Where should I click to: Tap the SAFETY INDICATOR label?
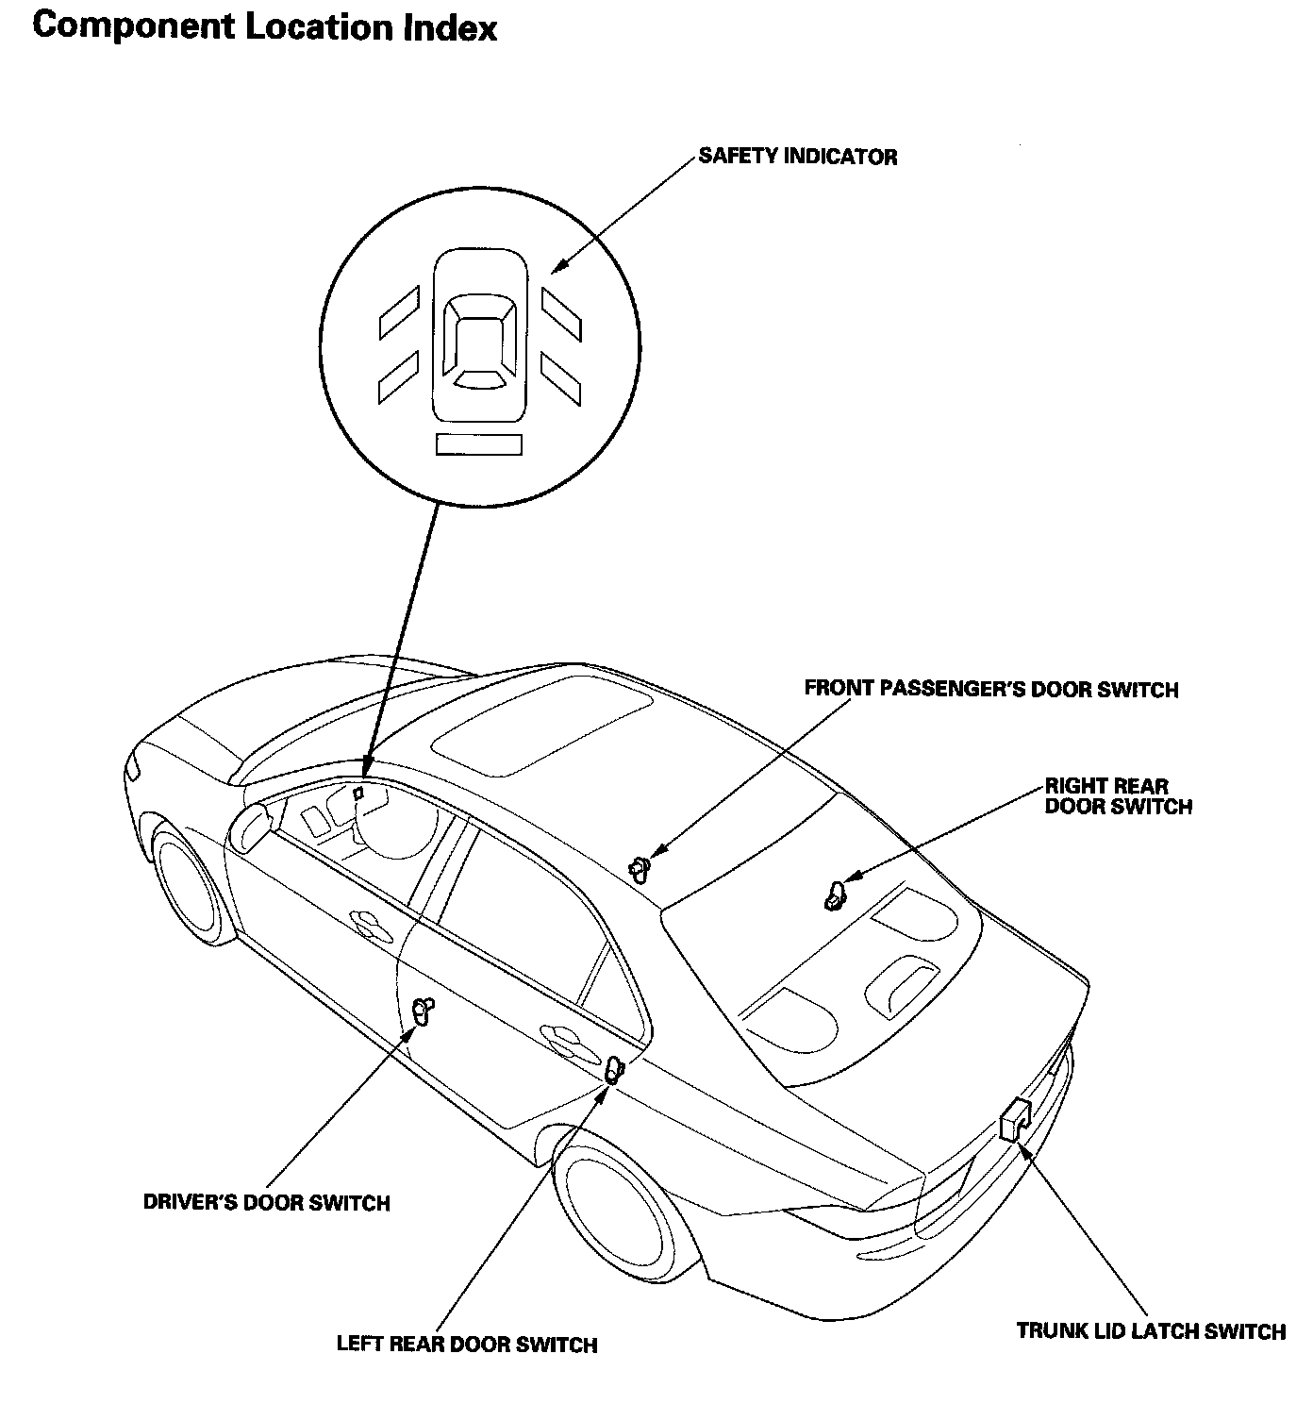(797, 157)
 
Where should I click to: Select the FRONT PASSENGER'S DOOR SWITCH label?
(990, 690)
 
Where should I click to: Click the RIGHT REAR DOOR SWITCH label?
(1118, 796)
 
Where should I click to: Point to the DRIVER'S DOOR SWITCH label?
(266, 1203)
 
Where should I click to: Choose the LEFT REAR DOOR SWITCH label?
(467, 1345)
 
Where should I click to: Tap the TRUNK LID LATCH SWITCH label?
(1151, 1331)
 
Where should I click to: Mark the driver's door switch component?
(424, 1011)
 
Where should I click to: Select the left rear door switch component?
(614, 1071)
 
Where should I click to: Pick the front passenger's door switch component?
(640, 866)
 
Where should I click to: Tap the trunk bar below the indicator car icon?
(479, 444)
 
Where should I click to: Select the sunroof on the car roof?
(542, 722)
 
